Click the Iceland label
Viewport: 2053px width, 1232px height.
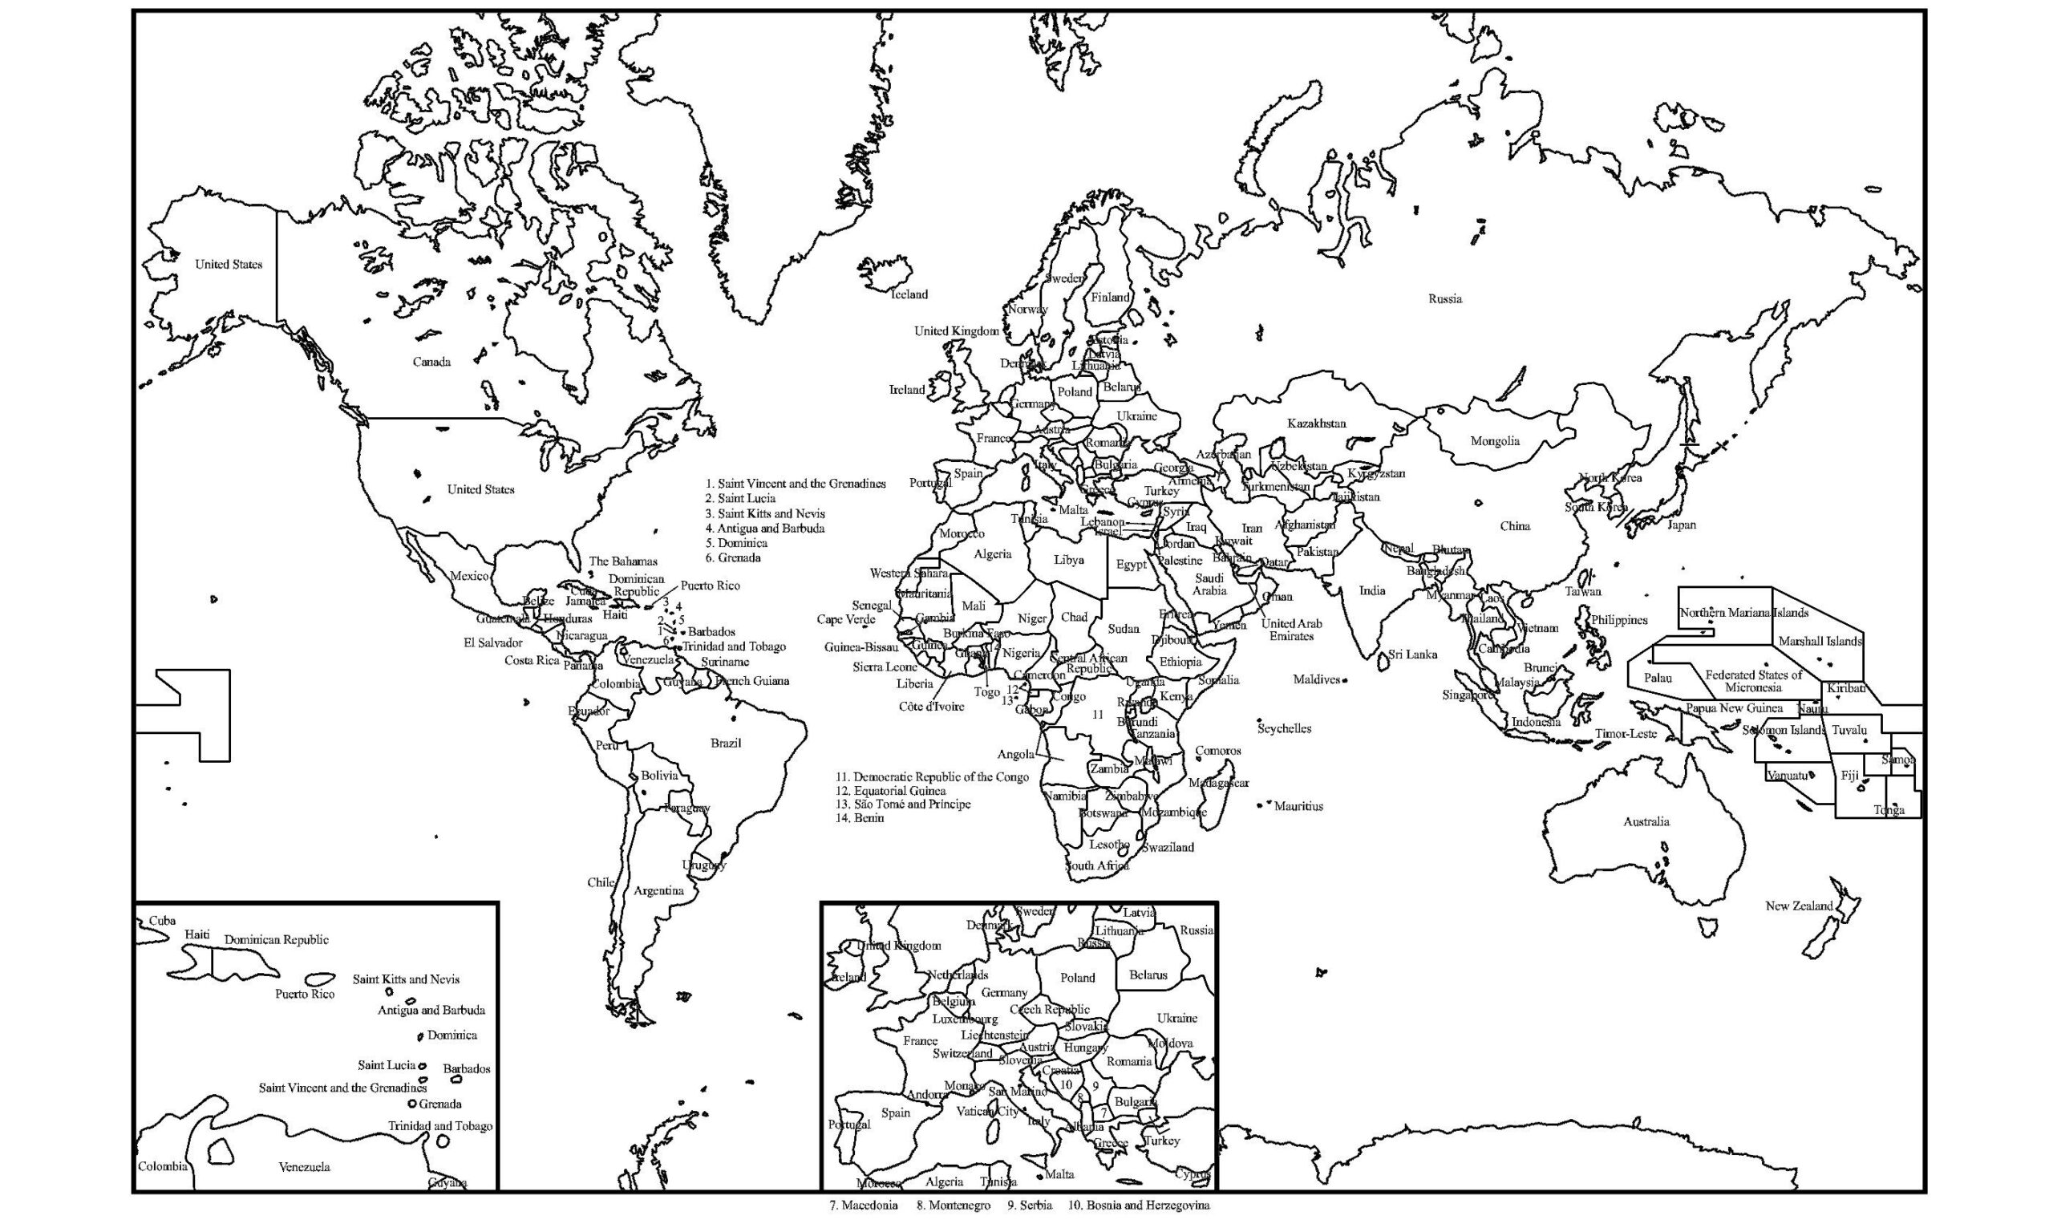[x=909, y=294]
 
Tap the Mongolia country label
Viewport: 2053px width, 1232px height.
[x=1495, y=441]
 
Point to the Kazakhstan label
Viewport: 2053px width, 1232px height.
[x=1316, y=423]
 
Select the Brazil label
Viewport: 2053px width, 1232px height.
[x=725, y=743]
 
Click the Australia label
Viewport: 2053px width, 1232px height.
[x=1646, y=822]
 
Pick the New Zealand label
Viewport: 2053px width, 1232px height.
[x=1798, y=906]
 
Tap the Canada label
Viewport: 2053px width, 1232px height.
[x=431, y=362]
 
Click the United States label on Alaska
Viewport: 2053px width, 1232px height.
[x=229, y=264]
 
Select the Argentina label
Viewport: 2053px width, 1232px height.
[x=658, y=891]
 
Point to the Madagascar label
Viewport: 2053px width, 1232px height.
[x=1218, y=783]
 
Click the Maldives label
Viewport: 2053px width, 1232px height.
[x=1316, y=680]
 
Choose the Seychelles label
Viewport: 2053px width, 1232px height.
[x=1284, y=729]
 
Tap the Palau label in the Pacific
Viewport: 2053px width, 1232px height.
[x=1657, y=679]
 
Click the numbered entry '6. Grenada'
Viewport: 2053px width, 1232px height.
[x=733, y=558]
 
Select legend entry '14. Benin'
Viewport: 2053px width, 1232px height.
[x=860, y=818]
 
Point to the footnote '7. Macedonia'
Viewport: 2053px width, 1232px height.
[x=863, y=1205]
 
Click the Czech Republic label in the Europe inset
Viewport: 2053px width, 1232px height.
[x=1049, y=1010]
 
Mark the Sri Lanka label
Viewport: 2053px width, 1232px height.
[x=1411, y=654]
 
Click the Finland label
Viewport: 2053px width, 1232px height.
[x=1109, y=298]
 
